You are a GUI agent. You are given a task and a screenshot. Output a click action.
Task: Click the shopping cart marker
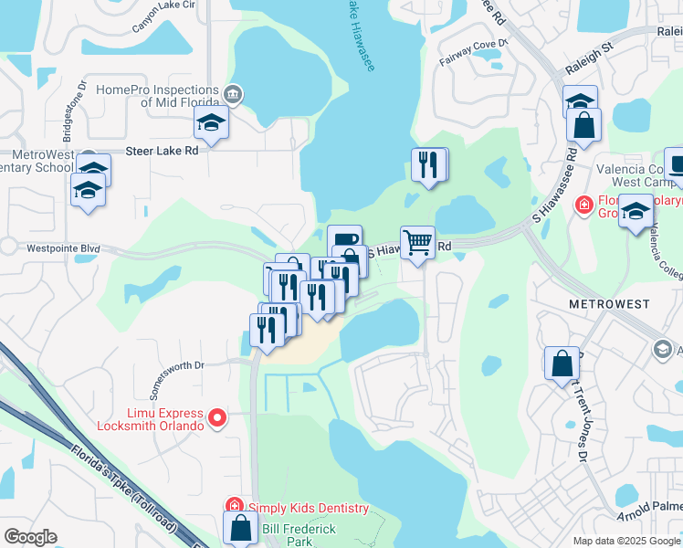417,244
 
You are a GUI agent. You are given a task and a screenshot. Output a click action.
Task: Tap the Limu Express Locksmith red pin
217,418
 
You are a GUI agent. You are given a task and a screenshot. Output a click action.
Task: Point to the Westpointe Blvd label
63,248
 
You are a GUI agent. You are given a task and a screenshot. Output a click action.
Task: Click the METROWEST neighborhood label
609,303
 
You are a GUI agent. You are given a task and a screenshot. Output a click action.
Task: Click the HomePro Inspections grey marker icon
233,92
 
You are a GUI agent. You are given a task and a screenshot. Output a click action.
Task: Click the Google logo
30,537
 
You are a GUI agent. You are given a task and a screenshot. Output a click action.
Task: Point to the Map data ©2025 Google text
625,541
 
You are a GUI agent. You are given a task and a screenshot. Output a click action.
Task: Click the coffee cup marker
344,241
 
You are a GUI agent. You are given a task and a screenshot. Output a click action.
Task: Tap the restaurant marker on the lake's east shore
428,165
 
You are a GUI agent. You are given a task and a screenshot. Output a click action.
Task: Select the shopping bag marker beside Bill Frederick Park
240,528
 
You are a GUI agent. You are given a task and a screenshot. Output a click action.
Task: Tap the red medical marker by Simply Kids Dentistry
233,506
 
